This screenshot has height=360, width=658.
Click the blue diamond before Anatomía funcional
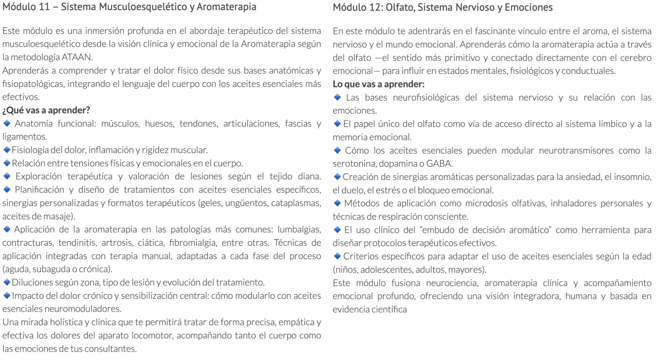click(7, 123)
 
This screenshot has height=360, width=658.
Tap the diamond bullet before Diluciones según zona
click(7, 282)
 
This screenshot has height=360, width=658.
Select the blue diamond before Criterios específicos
click(337, 256)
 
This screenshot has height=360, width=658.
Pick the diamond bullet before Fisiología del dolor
click(7, 150)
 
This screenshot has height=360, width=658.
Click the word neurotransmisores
click(542, 150)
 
